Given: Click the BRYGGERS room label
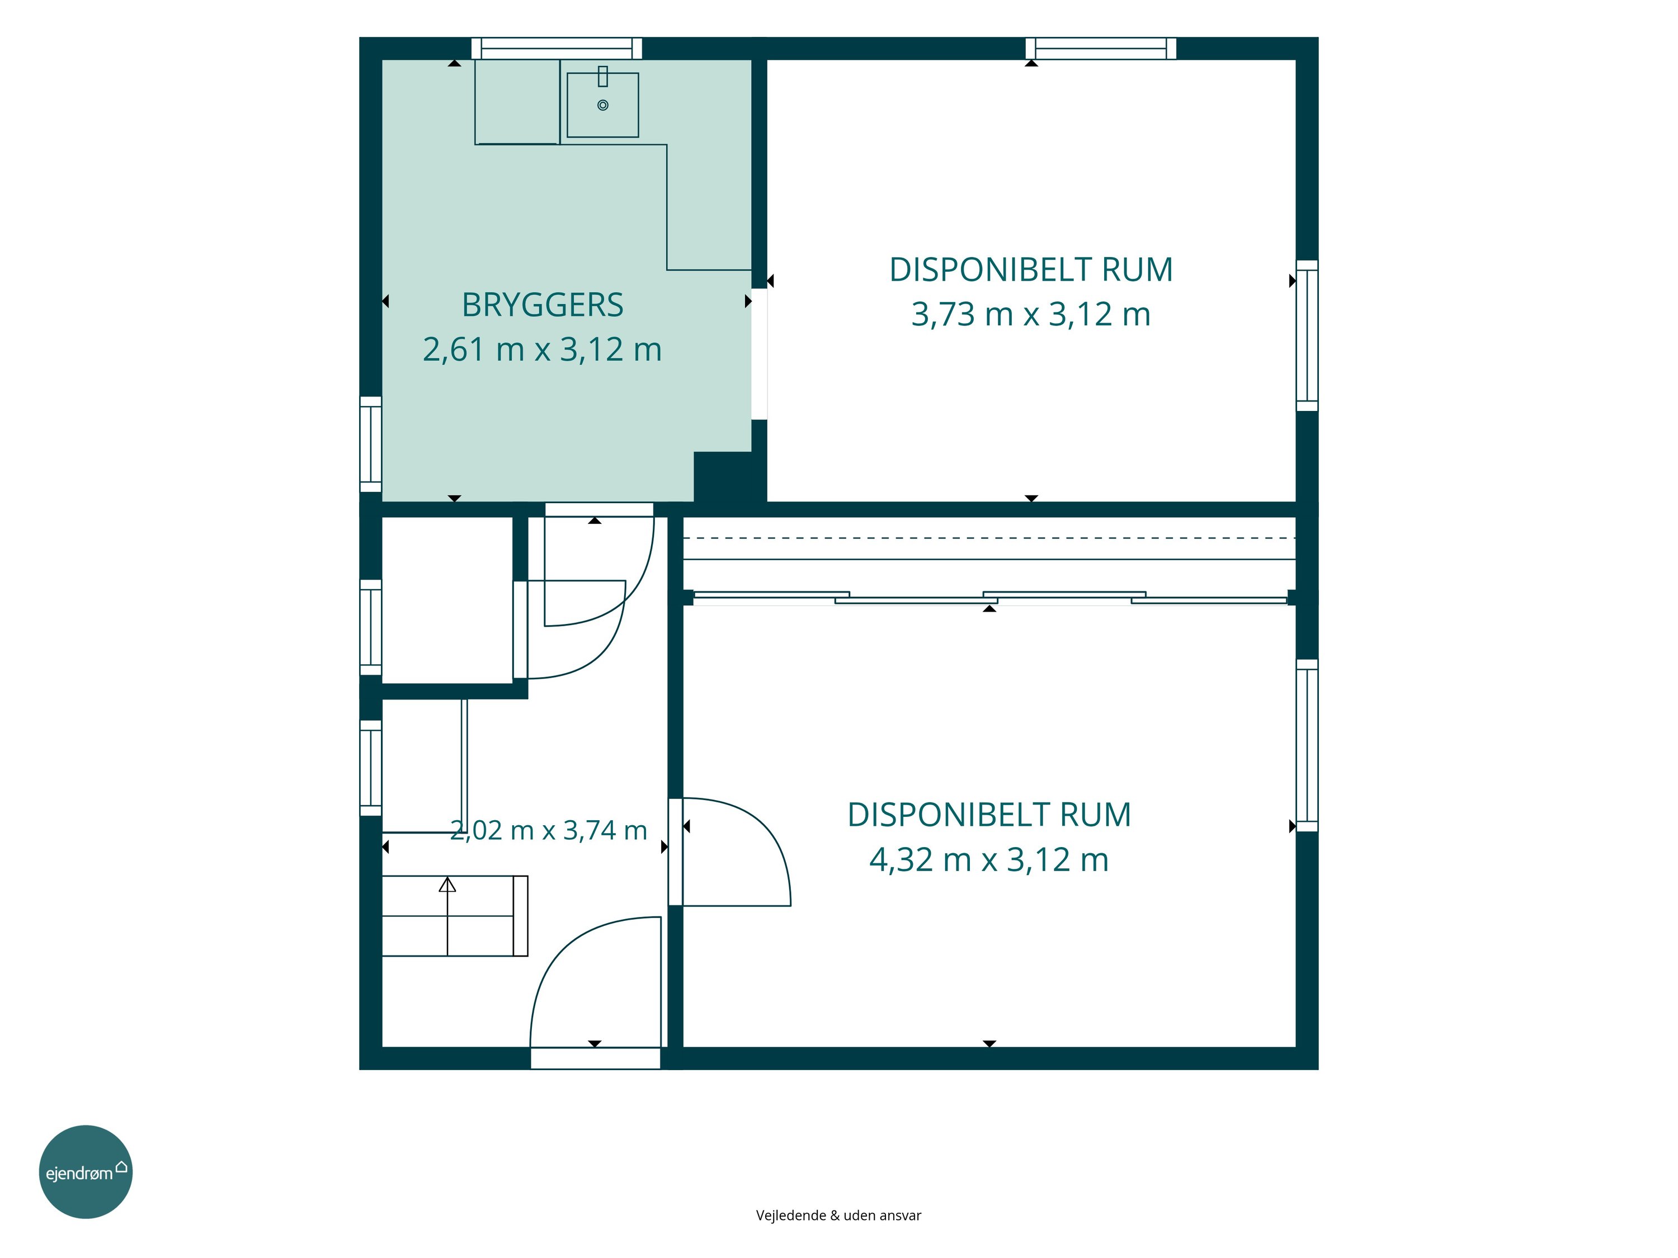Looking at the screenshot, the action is coord(543,305).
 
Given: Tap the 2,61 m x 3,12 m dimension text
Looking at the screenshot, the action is coord(543,349).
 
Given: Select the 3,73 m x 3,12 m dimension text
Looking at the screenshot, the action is coord(1031,314).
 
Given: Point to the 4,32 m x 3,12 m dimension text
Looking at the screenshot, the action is coord(989,859).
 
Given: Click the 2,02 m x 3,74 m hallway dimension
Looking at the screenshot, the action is coord(549,830).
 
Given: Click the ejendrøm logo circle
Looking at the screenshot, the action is coord(86,1172).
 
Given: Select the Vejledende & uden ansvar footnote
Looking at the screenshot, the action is coord(838,1216).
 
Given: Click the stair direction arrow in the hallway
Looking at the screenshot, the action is coord(447,884).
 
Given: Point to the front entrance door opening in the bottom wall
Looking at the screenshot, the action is coord(596,1058).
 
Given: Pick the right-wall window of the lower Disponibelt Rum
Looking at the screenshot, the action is coord(1307,745).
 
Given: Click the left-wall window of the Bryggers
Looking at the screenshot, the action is coord(371,444).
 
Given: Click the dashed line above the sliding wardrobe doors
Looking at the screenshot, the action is coord(989,538).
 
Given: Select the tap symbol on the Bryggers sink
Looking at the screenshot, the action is coord(603,77).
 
